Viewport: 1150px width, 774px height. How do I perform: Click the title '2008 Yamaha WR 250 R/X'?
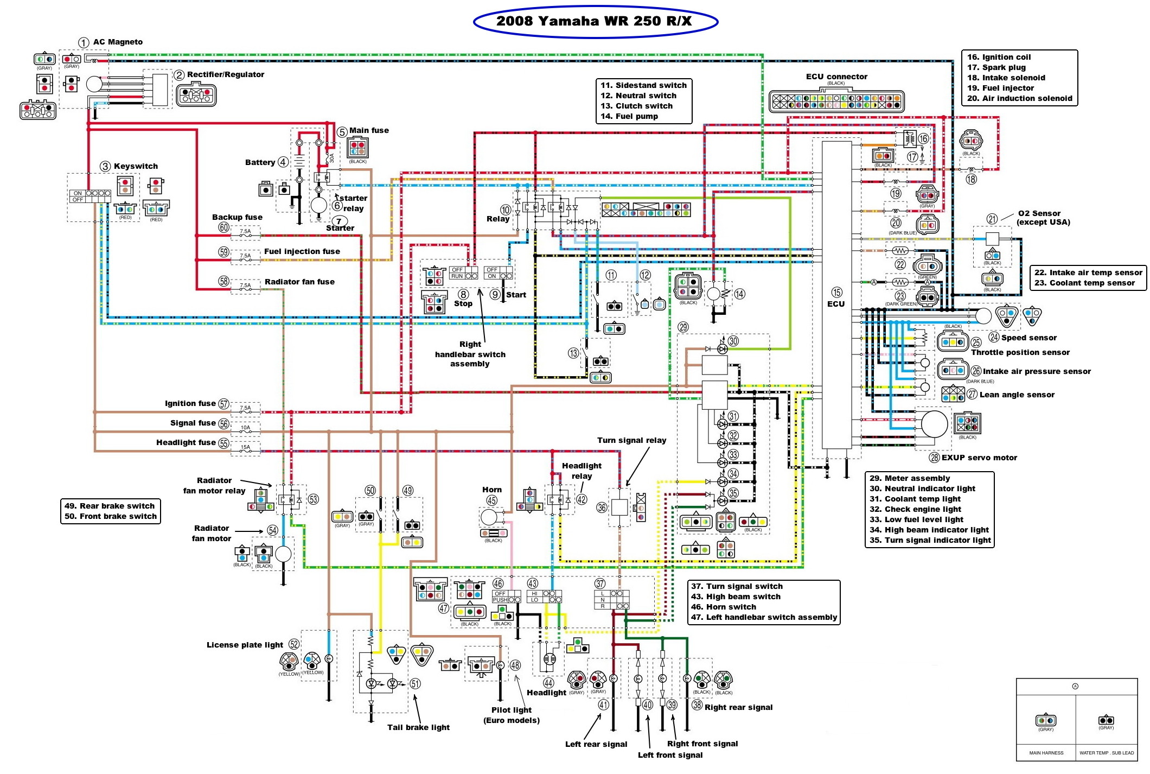tap(595, 21)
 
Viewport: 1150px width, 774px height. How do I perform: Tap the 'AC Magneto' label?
tap(118, 42)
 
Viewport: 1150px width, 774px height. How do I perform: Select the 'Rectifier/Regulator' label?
tap(226, 74)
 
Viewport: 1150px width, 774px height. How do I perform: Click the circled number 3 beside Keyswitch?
tap(105, 167)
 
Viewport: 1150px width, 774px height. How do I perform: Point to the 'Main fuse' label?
tap(369, 130)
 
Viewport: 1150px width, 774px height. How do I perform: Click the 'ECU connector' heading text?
tap(836, 77)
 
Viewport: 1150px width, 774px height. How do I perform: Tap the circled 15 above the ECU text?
tap(837, 293)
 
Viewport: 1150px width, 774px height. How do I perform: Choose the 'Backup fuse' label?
tap(237, 217)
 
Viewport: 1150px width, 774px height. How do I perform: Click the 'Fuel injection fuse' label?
tap(302, 251)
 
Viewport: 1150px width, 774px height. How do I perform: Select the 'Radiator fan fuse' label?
tap(299, 282)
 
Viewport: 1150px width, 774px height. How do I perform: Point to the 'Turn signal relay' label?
tap(631, 440)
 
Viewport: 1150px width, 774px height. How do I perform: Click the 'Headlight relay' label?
tap(582, 471)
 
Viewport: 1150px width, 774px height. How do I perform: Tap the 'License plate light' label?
tap(245, 645)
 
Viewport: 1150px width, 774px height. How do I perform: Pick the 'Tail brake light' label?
tap(418, 727)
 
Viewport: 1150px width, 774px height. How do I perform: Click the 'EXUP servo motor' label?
tap(979, 458)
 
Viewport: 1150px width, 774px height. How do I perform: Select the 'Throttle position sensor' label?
tap(1020, 352)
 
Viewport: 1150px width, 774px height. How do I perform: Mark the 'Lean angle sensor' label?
tap(1017, 395)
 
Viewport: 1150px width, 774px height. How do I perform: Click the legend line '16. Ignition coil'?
tap(999, 57)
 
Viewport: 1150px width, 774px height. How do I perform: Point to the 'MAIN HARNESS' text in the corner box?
tap(1046, 753)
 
